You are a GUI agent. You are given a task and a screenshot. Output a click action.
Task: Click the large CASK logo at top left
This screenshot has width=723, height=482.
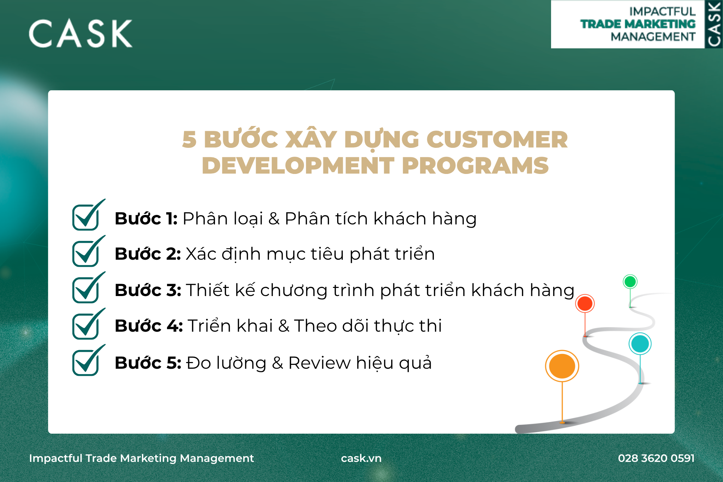pyautogui.click(x=80, y=34)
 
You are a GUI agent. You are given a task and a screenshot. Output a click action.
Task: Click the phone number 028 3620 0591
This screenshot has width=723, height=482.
pyautogui.click(x=656, y=458)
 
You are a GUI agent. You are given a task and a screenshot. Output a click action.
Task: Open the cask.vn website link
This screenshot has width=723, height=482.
pyautogui.click(x=361, y=458)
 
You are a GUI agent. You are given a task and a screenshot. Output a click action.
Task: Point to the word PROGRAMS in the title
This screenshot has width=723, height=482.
pyautogui.click(x=475, y=165)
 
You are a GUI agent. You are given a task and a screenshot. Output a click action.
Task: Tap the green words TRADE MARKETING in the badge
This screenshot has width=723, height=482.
pyautogui.click(x=638, y=24)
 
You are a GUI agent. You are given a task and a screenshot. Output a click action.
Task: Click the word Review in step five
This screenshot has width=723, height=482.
pyautogui.click(x=319, y=363)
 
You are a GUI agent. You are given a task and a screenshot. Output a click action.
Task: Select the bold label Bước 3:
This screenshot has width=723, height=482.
pyautogui.click(x=148, y=290)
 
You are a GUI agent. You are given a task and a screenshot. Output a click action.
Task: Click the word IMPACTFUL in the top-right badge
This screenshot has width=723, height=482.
pyautogui.click(x=662, y=12)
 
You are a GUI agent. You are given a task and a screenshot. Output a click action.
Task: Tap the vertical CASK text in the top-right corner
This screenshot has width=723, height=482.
pyautogui.click(x=714, y=24)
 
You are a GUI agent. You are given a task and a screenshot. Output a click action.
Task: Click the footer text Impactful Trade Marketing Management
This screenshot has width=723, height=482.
pyautogui.click(x=141, y=458)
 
